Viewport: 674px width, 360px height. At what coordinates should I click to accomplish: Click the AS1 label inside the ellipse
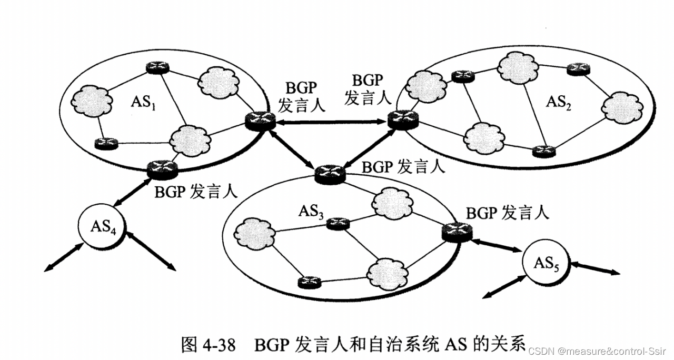tap(143, 103)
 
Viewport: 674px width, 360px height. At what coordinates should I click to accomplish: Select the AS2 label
tap(558, 102)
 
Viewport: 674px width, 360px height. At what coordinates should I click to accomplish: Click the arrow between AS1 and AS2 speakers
tap(332, 122)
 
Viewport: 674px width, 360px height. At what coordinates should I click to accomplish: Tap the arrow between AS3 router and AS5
tap(495, 244)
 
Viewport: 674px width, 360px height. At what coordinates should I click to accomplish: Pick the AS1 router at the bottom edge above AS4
tap(163, 168)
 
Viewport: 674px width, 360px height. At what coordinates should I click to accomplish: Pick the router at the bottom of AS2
tap(543, 151)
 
